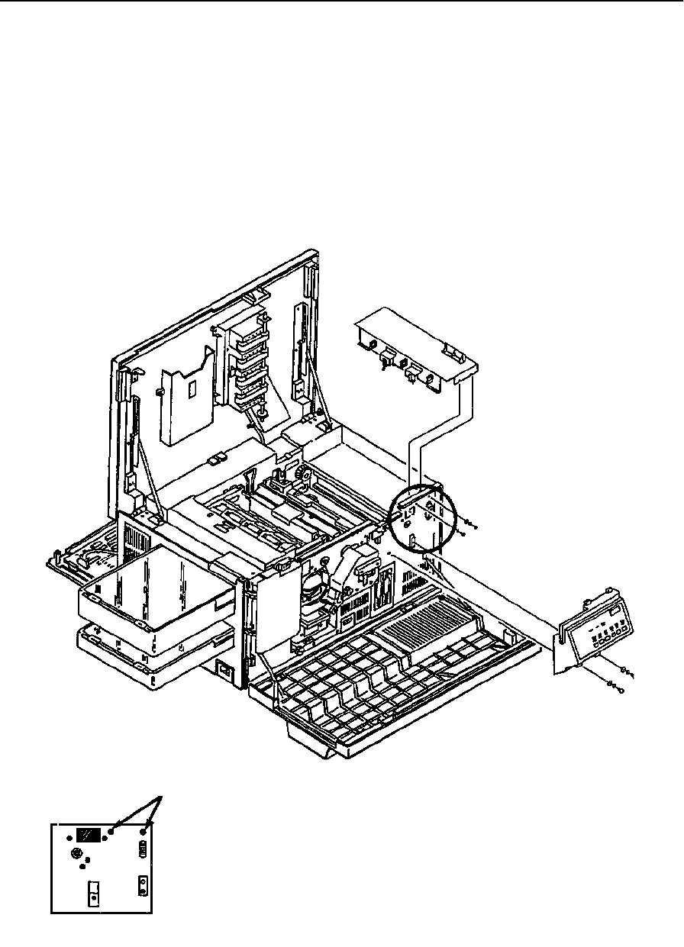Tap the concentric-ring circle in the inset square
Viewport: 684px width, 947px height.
[x=76, y=852]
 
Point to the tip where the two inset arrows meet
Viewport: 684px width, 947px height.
[x=160, y=797]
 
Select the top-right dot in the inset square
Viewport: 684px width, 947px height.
[x=143, y=832]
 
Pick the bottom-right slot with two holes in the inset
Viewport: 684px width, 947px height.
[x=142, y=886]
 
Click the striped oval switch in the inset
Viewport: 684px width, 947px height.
[x=141, y=849]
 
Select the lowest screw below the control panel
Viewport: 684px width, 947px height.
[x=615, y=691]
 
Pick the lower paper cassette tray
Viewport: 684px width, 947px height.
[x=137, y=649]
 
